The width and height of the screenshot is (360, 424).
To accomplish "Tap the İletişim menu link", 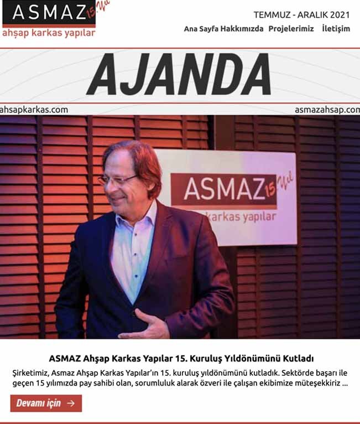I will [336, 29].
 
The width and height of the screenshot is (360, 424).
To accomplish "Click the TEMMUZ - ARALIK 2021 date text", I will [301, 14].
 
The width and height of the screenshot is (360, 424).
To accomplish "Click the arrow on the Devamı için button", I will [70, 403].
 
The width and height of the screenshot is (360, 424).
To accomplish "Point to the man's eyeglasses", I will [117, 180].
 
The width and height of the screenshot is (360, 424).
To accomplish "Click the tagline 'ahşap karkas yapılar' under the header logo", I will [49, 33].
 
